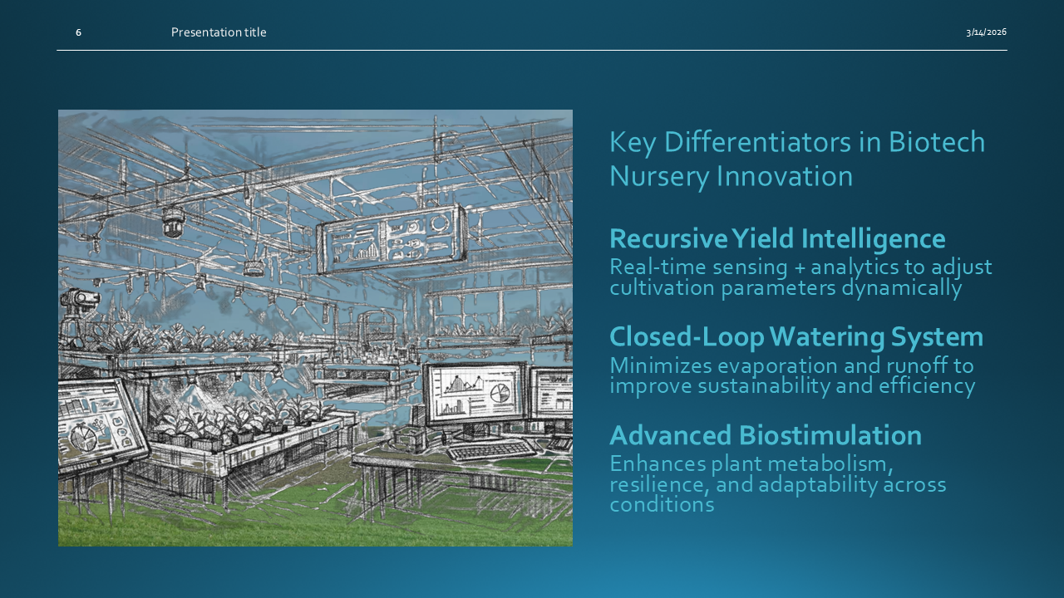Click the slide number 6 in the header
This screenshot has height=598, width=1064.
78,32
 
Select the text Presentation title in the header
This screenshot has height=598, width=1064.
219,32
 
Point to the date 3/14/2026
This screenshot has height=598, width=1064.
986,32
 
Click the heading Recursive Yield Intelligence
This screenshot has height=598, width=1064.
777,238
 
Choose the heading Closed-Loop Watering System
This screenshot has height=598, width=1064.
796,336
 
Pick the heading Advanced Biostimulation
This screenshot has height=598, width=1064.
765,435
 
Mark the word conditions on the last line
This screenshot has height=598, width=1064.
662,504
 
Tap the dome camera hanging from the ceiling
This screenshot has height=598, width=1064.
173,222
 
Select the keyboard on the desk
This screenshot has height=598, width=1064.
492,450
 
